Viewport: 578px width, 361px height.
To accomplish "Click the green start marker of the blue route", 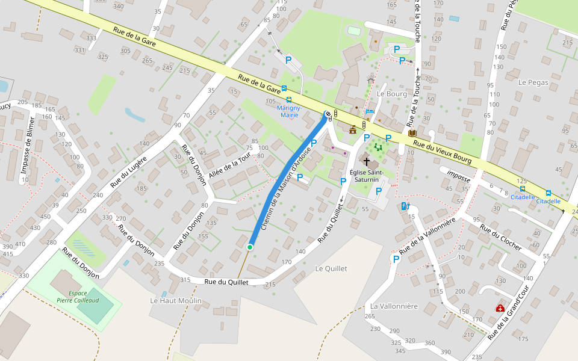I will [x=250, y=247].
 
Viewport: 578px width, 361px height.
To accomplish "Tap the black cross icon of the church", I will [x=366, y=162].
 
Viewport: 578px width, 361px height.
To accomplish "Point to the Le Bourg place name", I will [x=392, y=94].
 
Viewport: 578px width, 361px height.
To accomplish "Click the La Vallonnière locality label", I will [x=394, y=306].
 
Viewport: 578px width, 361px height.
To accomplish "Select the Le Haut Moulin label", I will [x=176, y=300].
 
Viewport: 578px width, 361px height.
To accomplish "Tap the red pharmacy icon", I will [x=500, y=308].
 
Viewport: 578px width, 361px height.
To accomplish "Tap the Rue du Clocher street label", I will [x=500, y=238].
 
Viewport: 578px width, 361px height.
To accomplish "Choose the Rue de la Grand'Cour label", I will [x=508, y=313].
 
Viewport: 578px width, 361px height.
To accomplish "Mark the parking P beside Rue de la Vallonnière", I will [x=396, y=259].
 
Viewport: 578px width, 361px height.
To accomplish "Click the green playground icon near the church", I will [x=378, y=146].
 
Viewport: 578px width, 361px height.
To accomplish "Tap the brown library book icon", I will [x=412, y=133].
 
